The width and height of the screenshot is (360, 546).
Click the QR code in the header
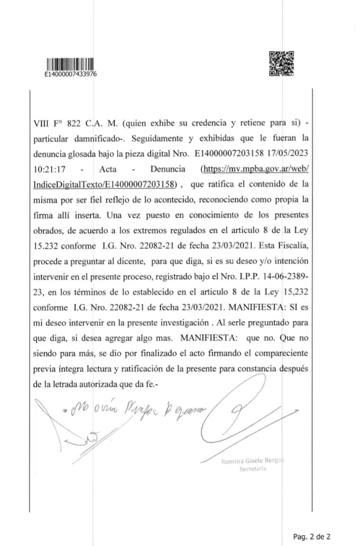(x=281, y=64)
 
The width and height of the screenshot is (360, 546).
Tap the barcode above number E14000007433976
(x=70, y=64)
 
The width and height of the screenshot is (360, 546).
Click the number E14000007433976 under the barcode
(x=70, y=74)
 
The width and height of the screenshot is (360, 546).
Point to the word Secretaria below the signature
(x=253, y=469)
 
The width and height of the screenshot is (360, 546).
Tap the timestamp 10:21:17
(x=49, y=169)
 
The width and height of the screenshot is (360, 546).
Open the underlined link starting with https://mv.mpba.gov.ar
(x=255, y=169)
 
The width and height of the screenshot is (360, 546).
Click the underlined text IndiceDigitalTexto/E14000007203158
(x=104, y=184)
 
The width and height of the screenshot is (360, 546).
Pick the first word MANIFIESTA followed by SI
(x=255, y=307)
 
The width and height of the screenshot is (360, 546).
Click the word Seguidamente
(x=157, y=139)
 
